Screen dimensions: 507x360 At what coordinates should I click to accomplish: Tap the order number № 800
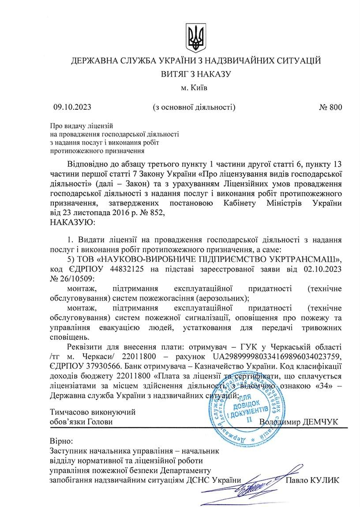click(330, 107)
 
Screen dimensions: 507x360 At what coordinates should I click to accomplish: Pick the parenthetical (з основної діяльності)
click(194, 107)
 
